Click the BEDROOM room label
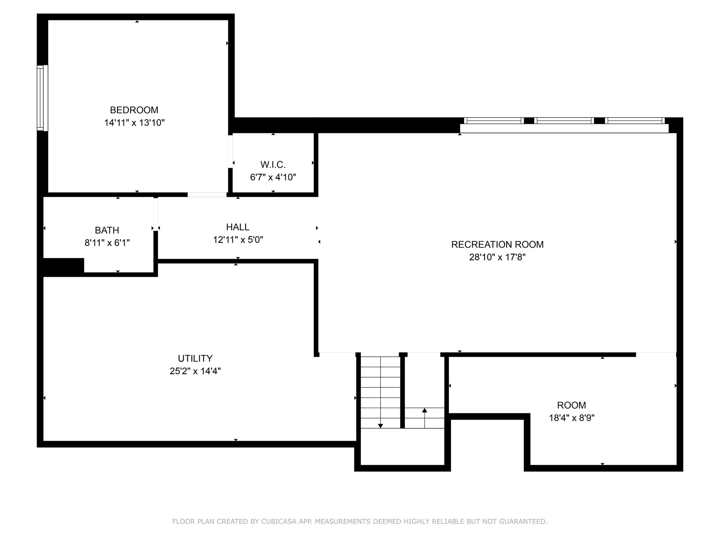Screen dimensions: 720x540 [134, 110]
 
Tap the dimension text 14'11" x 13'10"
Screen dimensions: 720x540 [134, 123]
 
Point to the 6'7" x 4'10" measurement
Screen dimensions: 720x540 [273, 177]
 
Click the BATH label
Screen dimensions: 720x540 [107, 230]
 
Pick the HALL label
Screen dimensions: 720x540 [238, 227]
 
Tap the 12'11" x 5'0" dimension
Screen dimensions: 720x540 [238, 240]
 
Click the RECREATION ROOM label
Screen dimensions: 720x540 [497, 244]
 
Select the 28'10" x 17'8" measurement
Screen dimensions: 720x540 [497, 257]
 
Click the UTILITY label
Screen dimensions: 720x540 [195, 358]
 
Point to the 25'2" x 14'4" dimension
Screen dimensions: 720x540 [195, 371]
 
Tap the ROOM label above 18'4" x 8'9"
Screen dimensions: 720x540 [571, 405]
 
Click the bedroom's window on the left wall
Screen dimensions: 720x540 [42, 98]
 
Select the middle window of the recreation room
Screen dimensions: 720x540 [564, 121]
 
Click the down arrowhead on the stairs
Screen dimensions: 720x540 [381, 426]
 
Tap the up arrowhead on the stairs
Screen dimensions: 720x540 [424, 410]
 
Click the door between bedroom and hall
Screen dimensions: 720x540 [207, 195]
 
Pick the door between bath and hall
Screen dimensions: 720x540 [156, 214]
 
